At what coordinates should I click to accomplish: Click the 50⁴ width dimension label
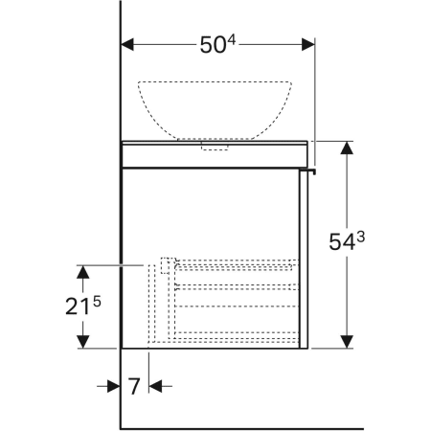click(217, 44)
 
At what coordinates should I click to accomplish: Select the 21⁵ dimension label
click(83, 306)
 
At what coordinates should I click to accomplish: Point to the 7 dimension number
click(134, 386)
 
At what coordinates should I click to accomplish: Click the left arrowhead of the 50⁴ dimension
click(127, 44)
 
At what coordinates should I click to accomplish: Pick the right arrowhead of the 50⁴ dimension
click(308, 44)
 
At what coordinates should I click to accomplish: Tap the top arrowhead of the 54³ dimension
click(347, 147)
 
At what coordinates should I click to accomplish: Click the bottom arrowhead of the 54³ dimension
click(347, 342)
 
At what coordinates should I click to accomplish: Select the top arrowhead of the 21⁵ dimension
click(83, 272)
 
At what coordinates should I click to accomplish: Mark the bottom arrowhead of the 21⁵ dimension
click(83, 342)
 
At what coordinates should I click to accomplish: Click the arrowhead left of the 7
click(114, 386)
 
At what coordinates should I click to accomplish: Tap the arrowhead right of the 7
click(155, 386)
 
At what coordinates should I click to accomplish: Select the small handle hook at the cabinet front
click(308, 170)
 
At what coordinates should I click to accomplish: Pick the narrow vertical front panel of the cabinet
click(304, 259)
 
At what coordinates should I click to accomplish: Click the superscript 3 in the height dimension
click(360, 237)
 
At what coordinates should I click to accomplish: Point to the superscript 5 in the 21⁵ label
click(97, 302)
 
